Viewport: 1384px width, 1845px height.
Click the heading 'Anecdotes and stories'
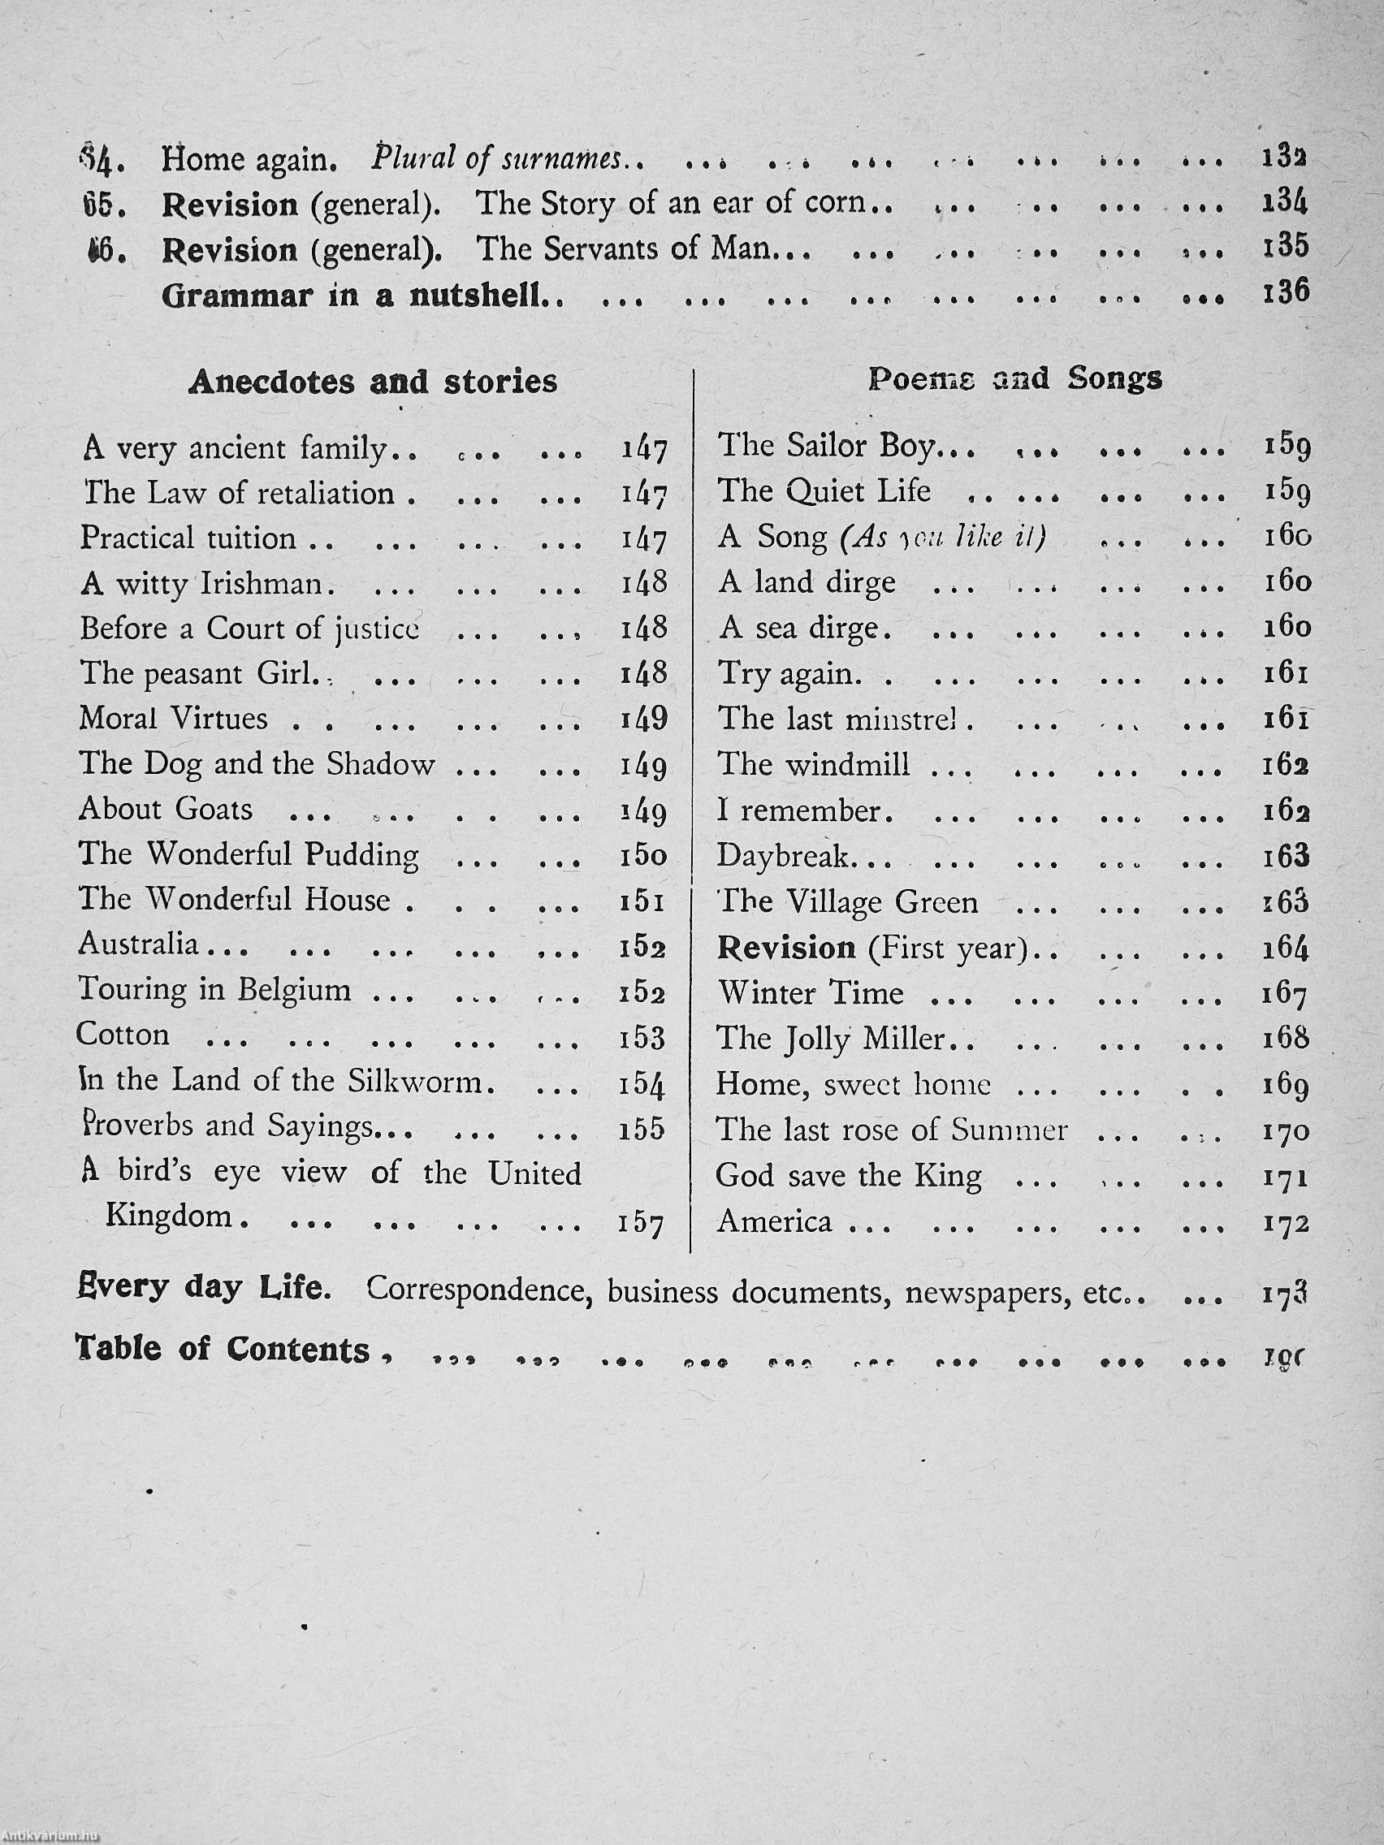click(373, 381)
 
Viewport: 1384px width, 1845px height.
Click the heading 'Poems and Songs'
click(1014, 378)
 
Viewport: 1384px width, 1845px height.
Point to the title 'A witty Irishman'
click(207, 583)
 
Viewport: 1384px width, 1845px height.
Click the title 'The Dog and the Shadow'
click(257, 764)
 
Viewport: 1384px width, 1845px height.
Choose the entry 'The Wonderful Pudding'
click(249, 854)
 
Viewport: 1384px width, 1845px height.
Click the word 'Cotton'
click(123, 1035)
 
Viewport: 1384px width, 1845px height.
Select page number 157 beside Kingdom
click(642, 1224)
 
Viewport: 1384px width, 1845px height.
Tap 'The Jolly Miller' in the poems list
click(831, 1039)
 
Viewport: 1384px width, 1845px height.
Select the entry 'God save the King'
click(849, 1176)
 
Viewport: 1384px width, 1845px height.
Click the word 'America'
click(774, 1222)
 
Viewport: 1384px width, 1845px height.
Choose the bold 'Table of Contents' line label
click(223, 1350)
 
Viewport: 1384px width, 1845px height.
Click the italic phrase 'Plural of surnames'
click(497, 158)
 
